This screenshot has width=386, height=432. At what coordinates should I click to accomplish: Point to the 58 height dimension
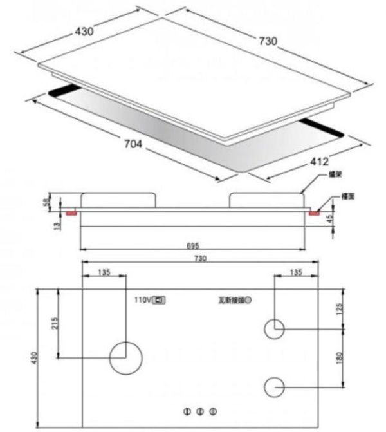click(46, 202)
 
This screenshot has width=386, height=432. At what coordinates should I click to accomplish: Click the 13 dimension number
click(57, 225)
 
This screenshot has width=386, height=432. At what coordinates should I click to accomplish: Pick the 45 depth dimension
click(329, 219)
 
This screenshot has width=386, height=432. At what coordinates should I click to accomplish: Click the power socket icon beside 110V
click(158, 300)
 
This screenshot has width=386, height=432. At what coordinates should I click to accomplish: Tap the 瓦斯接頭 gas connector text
click(230, 300)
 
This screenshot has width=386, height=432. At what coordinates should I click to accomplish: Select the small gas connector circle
click(248, 300)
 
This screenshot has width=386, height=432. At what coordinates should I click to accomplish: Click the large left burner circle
click(125, 357)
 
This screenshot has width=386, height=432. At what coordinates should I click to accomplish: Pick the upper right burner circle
click(275, 328)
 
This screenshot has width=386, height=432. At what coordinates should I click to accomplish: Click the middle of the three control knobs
click(200, 411)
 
